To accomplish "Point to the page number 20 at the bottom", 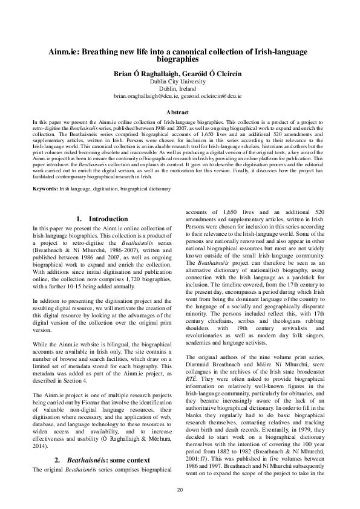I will click(180, 488).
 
